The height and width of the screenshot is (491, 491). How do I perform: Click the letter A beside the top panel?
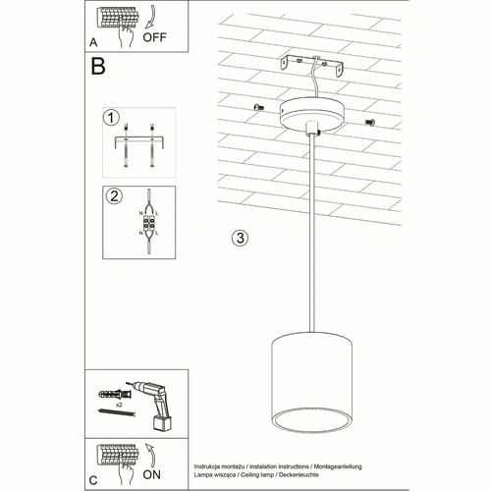click(92, 42)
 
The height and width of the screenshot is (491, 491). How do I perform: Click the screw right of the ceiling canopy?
click(370, 121)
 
